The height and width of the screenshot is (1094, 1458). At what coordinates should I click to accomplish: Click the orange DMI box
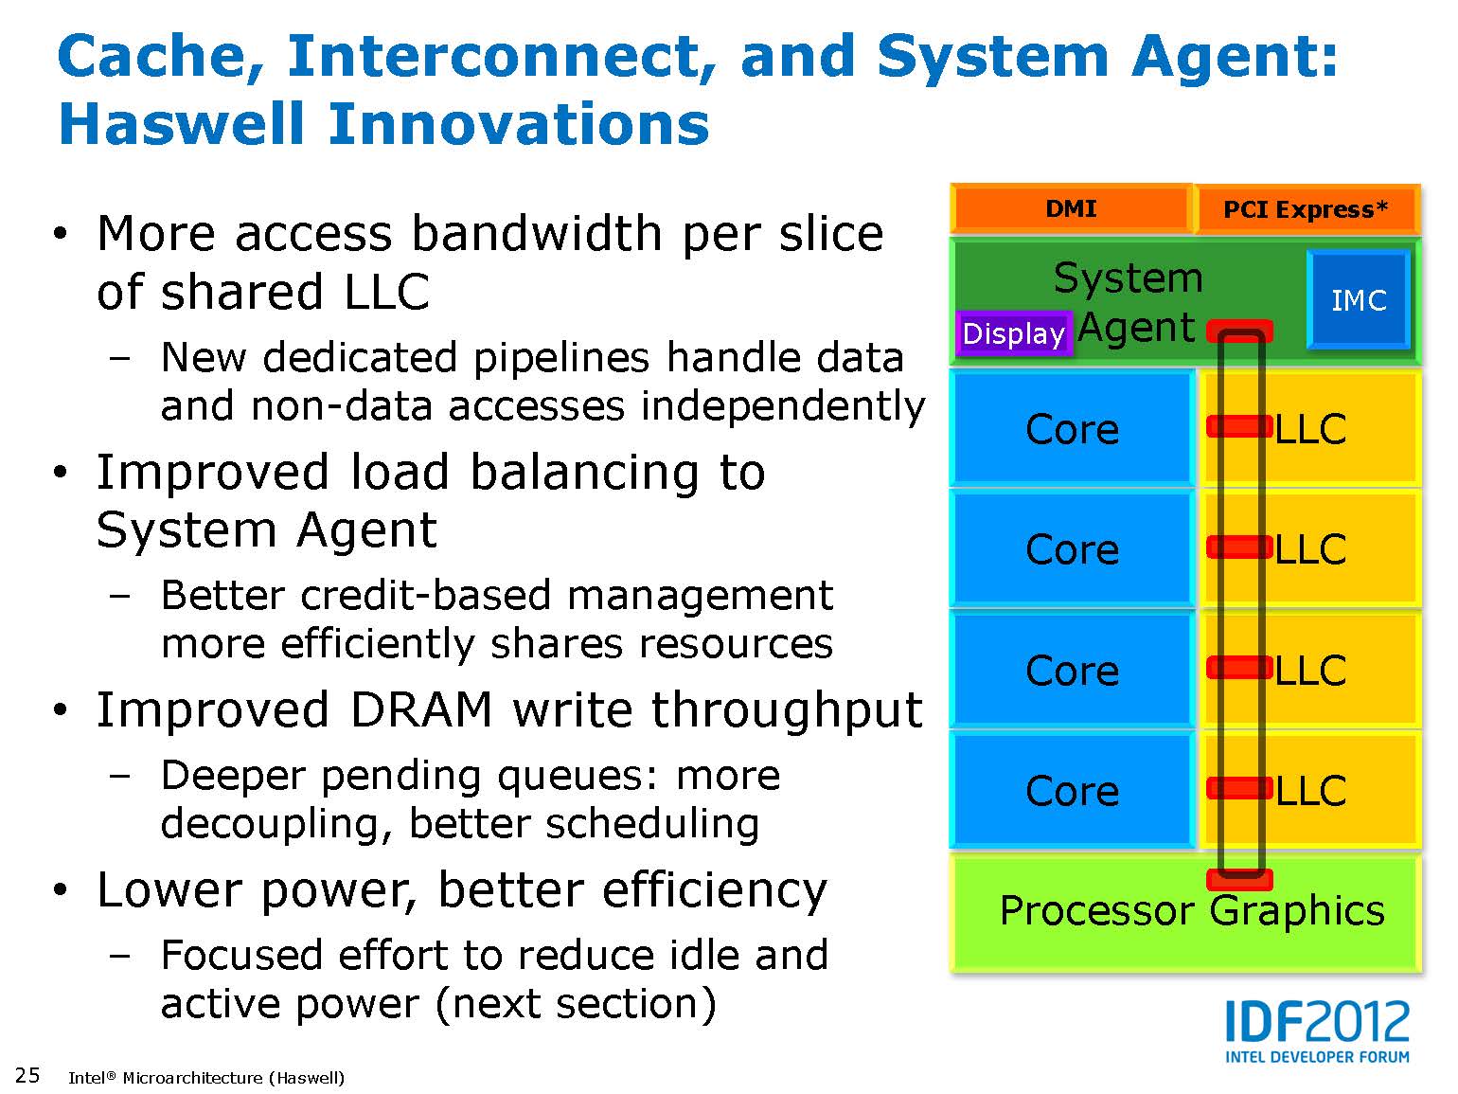1071,208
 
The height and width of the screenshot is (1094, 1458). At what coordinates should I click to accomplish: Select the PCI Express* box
1306,209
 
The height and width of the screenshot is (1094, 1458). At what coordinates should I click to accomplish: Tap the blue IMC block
1359,300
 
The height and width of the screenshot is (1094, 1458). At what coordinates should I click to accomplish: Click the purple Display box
1013,333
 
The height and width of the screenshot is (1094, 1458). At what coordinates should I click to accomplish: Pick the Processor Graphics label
1191,911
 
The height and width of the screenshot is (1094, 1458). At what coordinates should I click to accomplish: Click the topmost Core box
1072,430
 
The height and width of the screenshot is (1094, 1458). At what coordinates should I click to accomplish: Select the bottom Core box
1072,791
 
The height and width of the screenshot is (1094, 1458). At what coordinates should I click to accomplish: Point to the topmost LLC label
1310,430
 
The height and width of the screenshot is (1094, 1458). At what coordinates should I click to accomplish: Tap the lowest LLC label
1310,791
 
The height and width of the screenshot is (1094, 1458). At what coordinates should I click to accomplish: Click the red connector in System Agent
1239,331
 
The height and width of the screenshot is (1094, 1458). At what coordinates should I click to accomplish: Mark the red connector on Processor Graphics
1239,880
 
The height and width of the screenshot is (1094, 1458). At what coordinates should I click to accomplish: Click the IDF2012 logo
1317,1031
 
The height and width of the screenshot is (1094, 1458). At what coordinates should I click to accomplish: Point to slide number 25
27,1075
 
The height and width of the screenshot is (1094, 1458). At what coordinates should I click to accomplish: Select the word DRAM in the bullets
421,710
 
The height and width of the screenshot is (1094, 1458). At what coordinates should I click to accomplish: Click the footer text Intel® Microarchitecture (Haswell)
206,1078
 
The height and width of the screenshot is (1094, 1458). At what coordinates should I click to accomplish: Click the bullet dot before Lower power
62,891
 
